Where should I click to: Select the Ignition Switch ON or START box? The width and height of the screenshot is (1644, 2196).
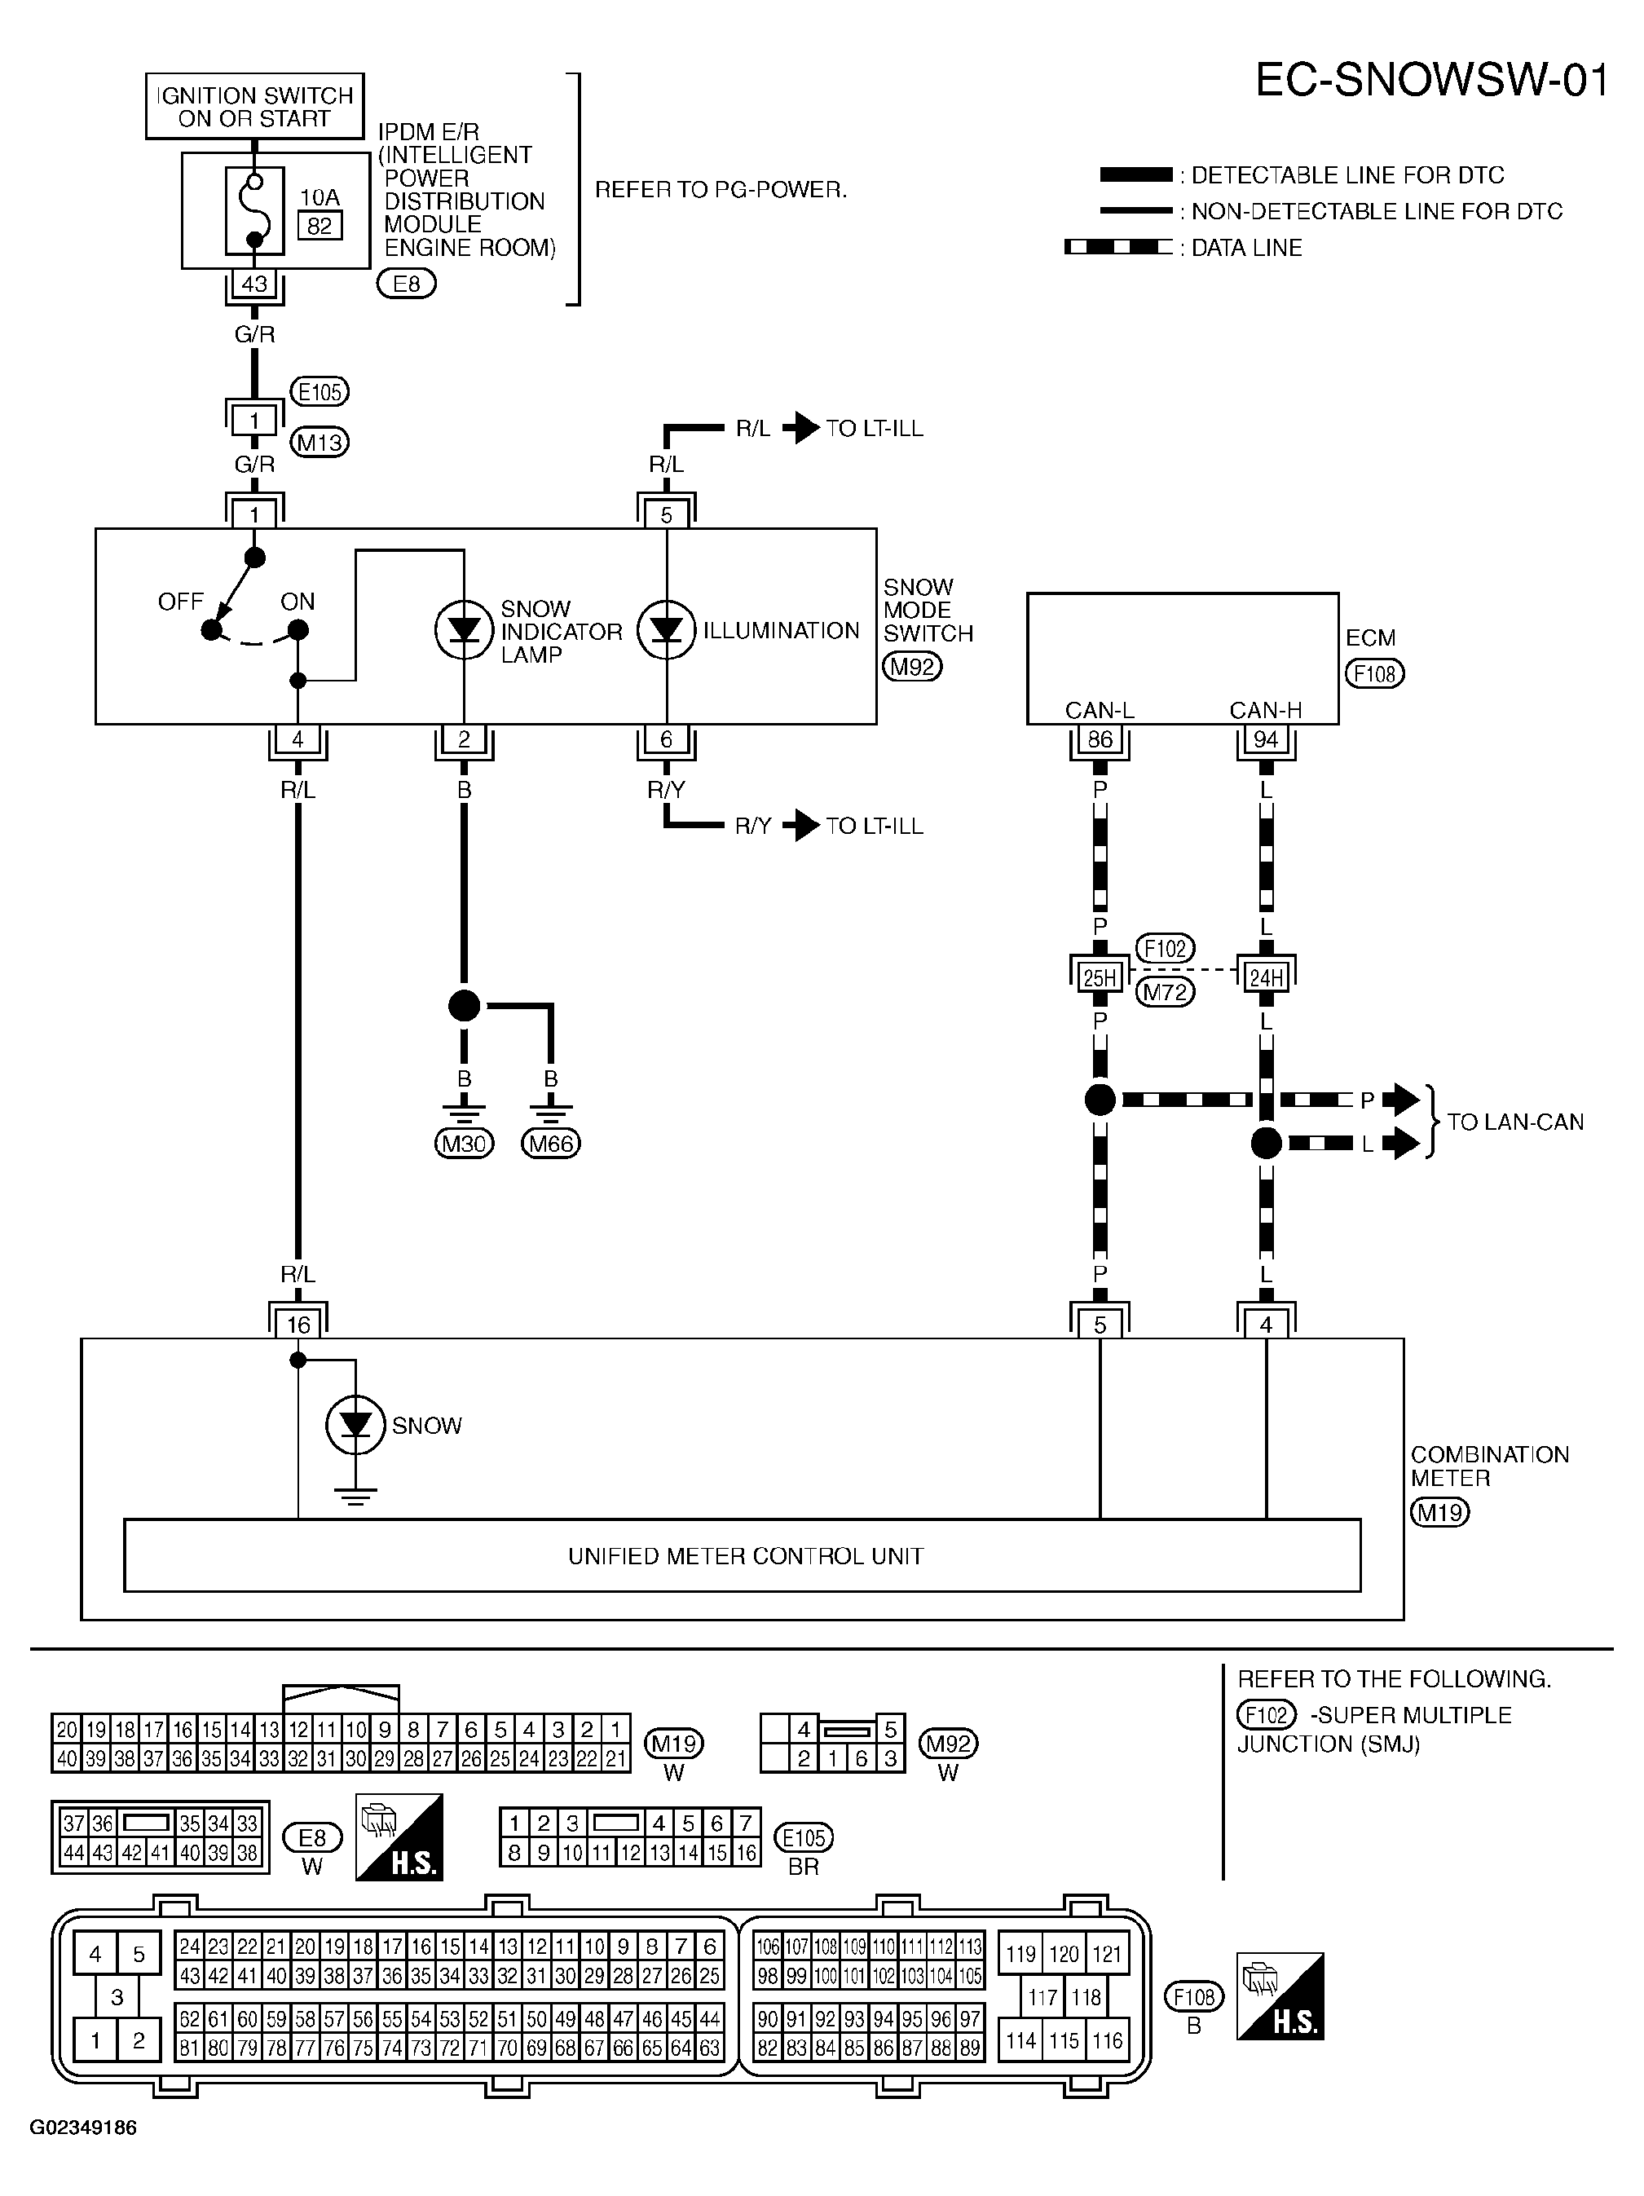[255, 106]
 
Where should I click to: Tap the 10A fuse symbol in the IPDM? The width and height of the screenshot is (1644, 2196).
[254, 210]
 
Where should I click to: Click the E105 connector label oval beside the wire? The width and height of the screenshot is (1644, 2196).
[320, 392]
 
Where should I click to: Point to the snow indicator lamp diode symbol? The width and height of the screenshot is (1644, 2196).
[464, 629]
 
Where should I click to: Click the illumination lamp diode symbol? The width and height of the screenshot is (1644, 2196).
[666, 629]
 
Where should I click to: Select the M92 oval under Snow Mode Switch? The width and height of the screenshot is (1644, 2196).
[912, 666]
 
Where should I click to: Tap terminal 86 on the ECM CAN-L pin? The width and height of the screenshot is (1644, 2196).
[1100, 739]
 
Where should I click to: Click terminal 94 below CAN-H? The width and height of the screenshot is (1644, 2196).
[1266, 739]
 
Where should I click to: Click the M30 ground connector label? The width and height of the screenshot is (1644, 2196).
[464, 1144]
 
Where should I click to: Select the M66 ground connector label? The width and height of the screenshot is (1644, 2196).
[551, 1144]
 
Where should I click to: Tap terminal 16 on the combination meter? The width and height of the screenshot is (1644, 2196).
[298, 1325]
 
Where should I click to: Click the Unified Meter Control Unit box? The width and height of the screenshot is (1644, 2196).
[742, 1554]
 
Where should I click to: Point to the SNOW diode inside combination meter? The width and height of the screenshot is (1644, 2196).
[355, 1425]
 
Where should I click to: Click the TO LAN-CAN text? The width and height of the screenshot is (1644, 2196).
[1515, 1122]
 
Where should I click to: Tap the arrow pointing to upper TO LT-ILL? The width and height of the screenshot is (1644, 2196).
[801, 428]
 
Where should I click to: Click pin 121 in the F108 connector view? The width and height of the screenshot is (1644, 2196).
[1107, 1954]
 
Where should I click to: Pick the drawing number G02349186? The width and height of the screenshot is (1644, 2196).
[83, 2128]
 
